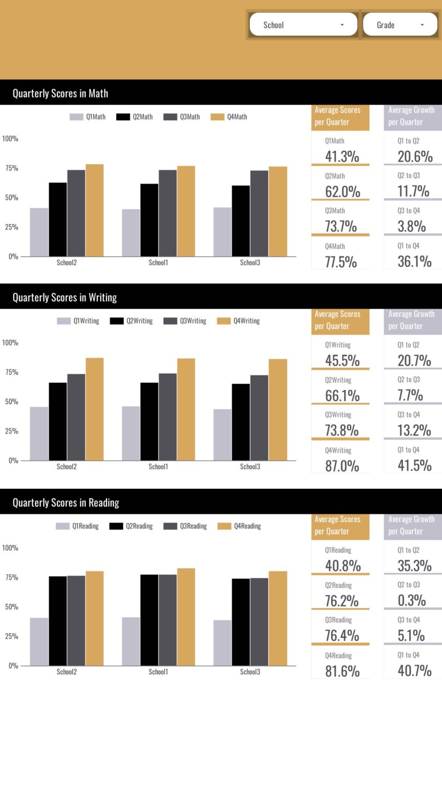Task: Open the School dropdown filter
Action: (303, 25)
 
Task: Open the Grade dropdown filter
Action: (400, 25)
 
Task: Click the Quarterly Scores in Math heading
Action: (60, 93)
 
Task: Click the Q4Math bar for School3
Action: (278, 211)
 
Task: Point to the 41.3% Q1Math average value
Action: (342, 156)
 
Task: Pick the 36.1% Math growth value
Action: (414, 261)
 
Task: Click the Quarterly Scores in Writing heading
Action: (64, 298)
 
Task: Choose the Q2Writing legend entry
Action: (131, 321)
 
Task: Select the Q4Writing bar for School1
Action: (186, 409)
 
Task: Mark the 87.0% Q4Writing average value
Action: (342, 466)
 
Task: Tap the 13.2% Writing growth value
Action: (414, 430)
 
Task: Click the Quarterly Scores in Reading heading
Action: (65, 503)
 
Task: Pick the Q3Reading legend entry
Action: (186, 526)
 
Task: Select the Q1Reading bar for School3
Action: (223, 643)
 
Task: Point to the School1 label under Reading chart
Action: (158, 672)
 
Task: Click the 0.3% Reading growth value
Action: (412, 600)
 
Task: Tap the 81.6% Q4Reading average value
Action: (342, 671)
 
